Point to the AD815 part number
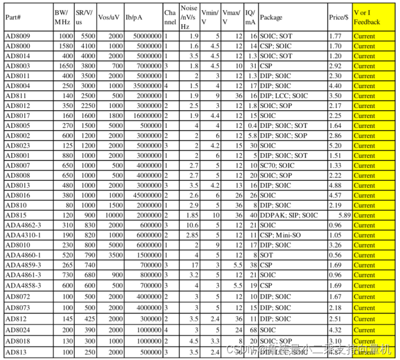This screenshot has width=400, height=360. tap(15, 215)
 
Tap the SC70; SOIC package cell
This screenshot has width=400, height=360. tap(277, 166)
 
